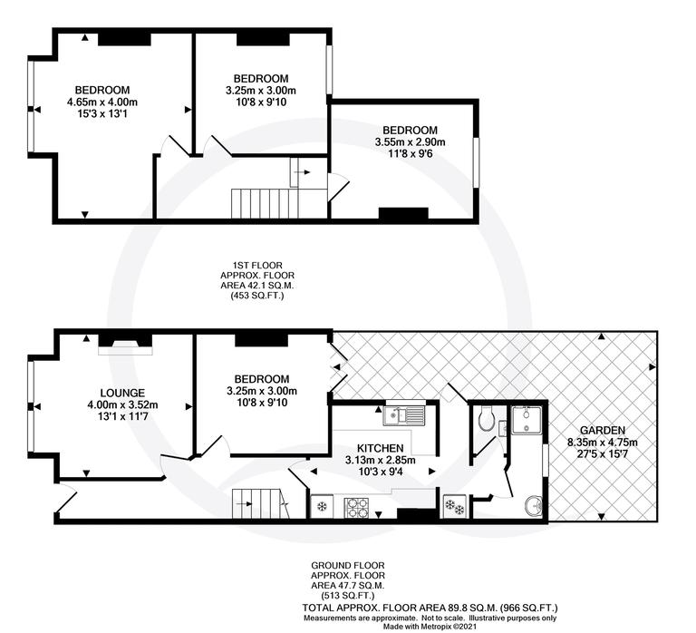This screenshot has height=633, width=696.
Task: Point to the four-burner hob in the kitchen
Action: (356, 507)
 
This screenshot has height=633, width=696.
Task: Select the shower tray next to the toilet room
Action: (526, 419)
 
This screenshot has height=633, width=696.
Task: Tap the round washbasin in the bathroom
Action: (533, 505)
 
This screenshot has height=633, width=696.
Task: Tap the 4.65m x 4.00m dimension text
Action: (101, 102)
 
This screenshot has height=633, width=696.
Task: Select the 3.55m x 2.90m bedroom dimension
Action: (410, 142)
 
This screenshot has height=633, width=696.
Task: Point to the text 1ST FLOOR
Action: (257, 264)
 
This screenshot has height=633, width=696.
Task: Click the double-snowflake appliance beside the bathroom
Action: (453, 507)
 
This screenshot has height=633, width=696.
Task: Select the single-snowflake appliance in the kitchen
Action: (322, 507)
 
